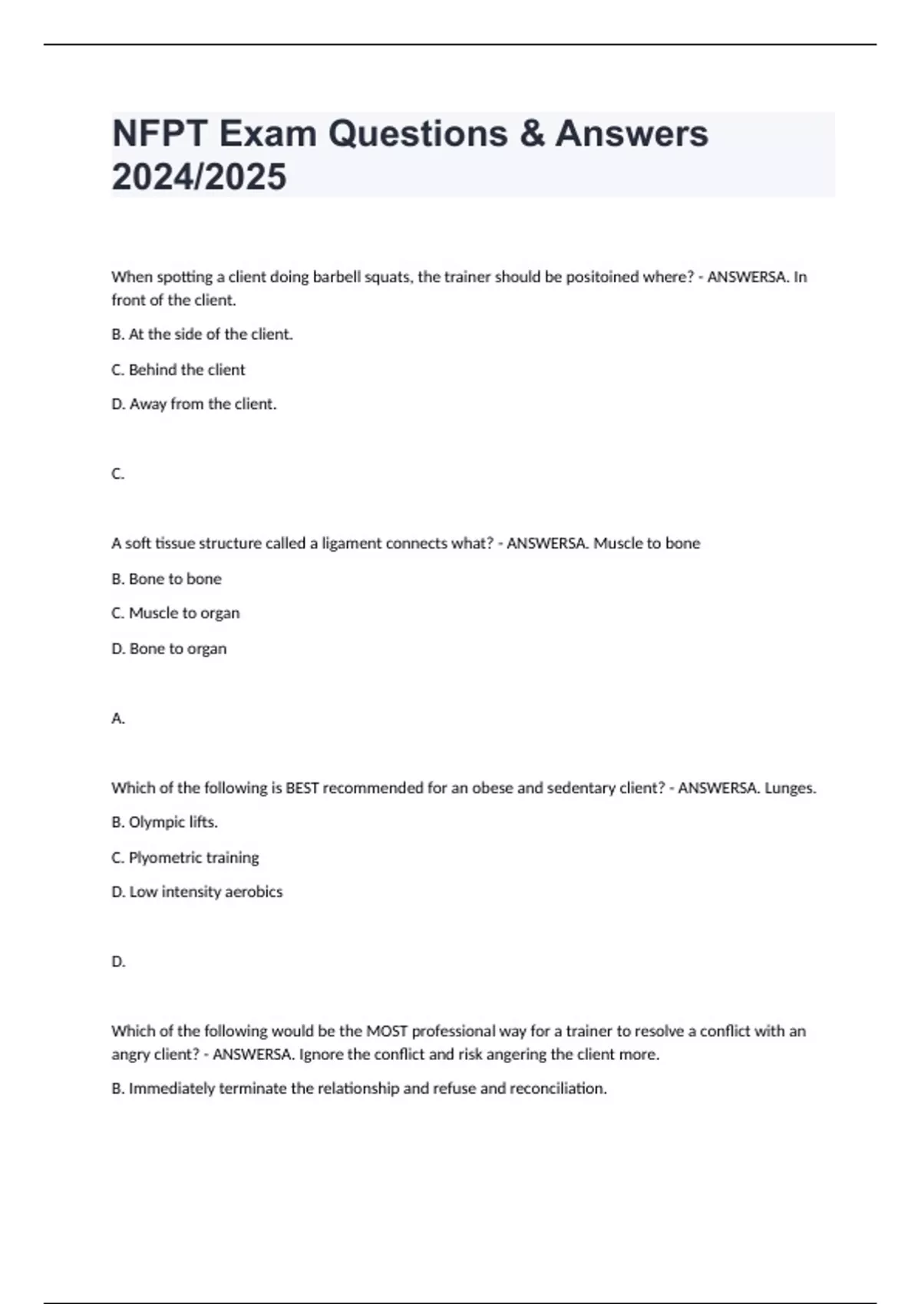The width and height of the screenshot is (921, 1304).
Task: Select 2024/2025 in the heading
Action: (199, 176)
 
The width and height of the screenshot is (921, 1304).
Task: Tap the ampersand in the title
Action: (531, 133)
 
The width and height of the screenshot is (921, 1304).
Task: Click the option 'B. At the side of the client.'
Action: (202, 334)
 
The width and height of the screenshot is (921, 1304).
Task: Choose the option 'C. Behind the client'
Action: (178, 370)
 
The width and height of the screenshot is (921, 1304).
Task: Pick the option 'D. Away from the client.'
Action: (193, 404)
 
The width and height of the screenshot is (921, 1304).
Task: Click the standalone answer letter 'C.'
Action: (117, 474)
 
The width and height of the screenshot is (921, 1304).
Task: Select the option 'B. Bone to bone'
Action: (166, 579)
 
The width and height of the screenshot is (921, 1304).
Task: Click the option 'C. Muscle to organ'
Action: (175, 614)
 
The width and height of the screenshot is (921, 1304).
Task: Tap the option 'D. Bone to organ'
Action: (169, 649)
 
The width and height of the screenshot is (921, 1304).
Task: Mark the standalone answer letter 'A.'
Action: (117, 719)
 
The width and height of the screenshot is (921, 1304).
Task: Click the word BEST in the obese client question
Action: (302, 788)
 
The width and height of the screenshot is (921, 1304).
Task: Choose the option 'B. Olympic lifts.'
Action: (164, 822)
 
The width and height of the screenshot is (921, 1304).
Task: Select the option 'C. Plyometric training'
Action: (185, 858)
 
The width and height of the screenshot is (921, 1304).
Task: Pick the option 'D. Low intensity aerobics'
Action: (196, 892)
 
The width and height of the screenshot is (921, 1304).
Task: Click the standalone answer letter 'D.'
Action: (117, 962)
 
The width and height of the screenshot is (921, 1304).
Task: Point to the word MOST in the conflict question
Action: (387, 1032)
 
